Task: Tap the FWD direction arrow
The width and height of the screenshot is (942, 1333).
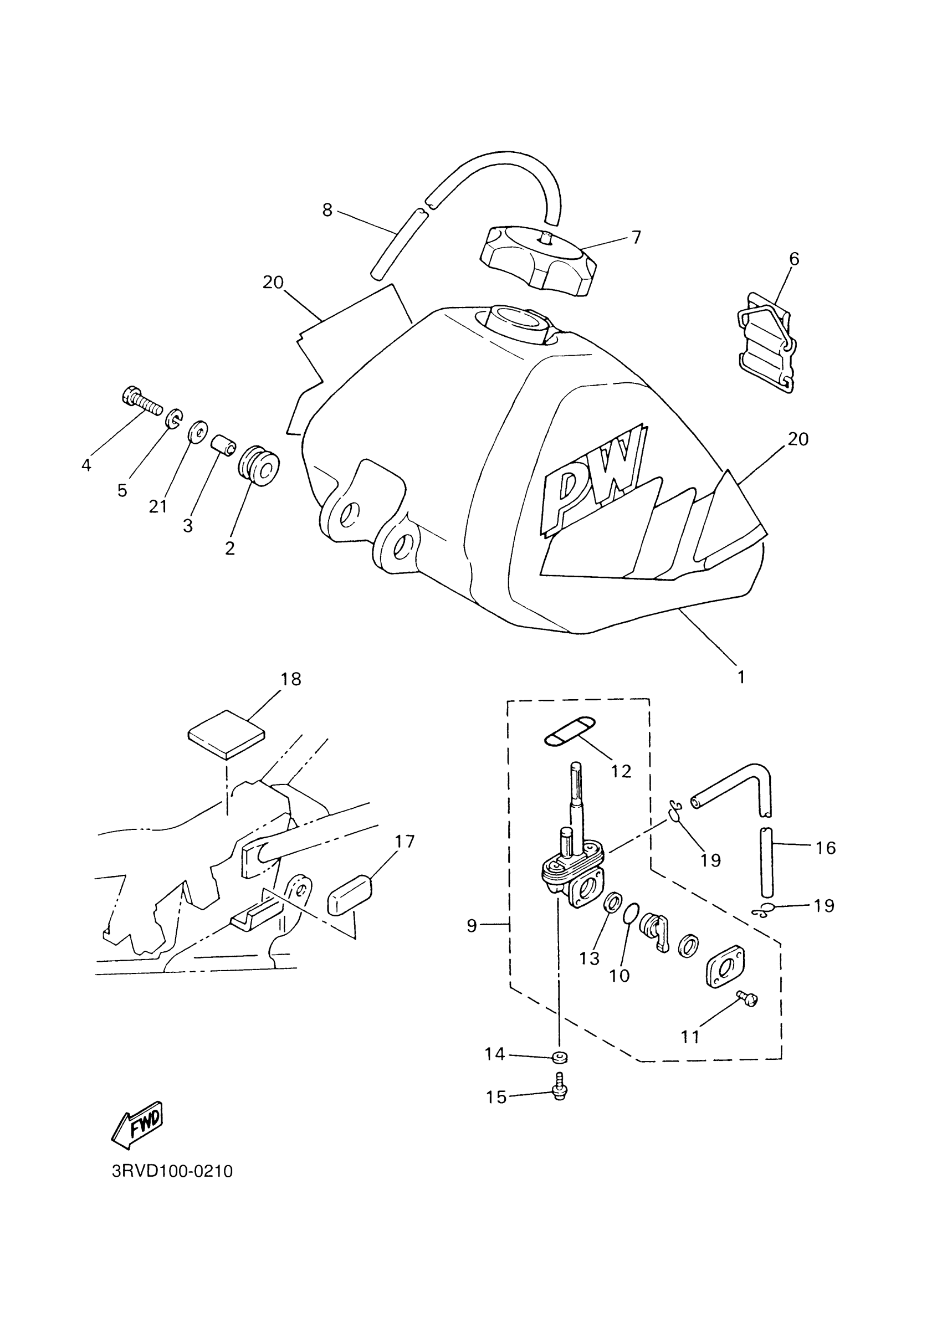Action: [137, 1125]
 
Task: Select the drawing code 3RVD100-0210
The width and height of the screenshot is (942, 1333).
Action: [172, 1171]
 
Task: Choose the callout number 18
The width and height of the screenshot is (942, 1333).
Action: [291, 679]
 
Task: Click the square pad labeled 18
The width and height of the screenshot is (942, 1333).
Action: [227, 735]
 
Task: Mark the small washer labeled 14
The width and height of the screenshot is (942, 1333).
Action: [559, 1056]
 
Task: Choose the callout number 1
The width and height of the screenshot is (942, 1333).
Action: [741, 676]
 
